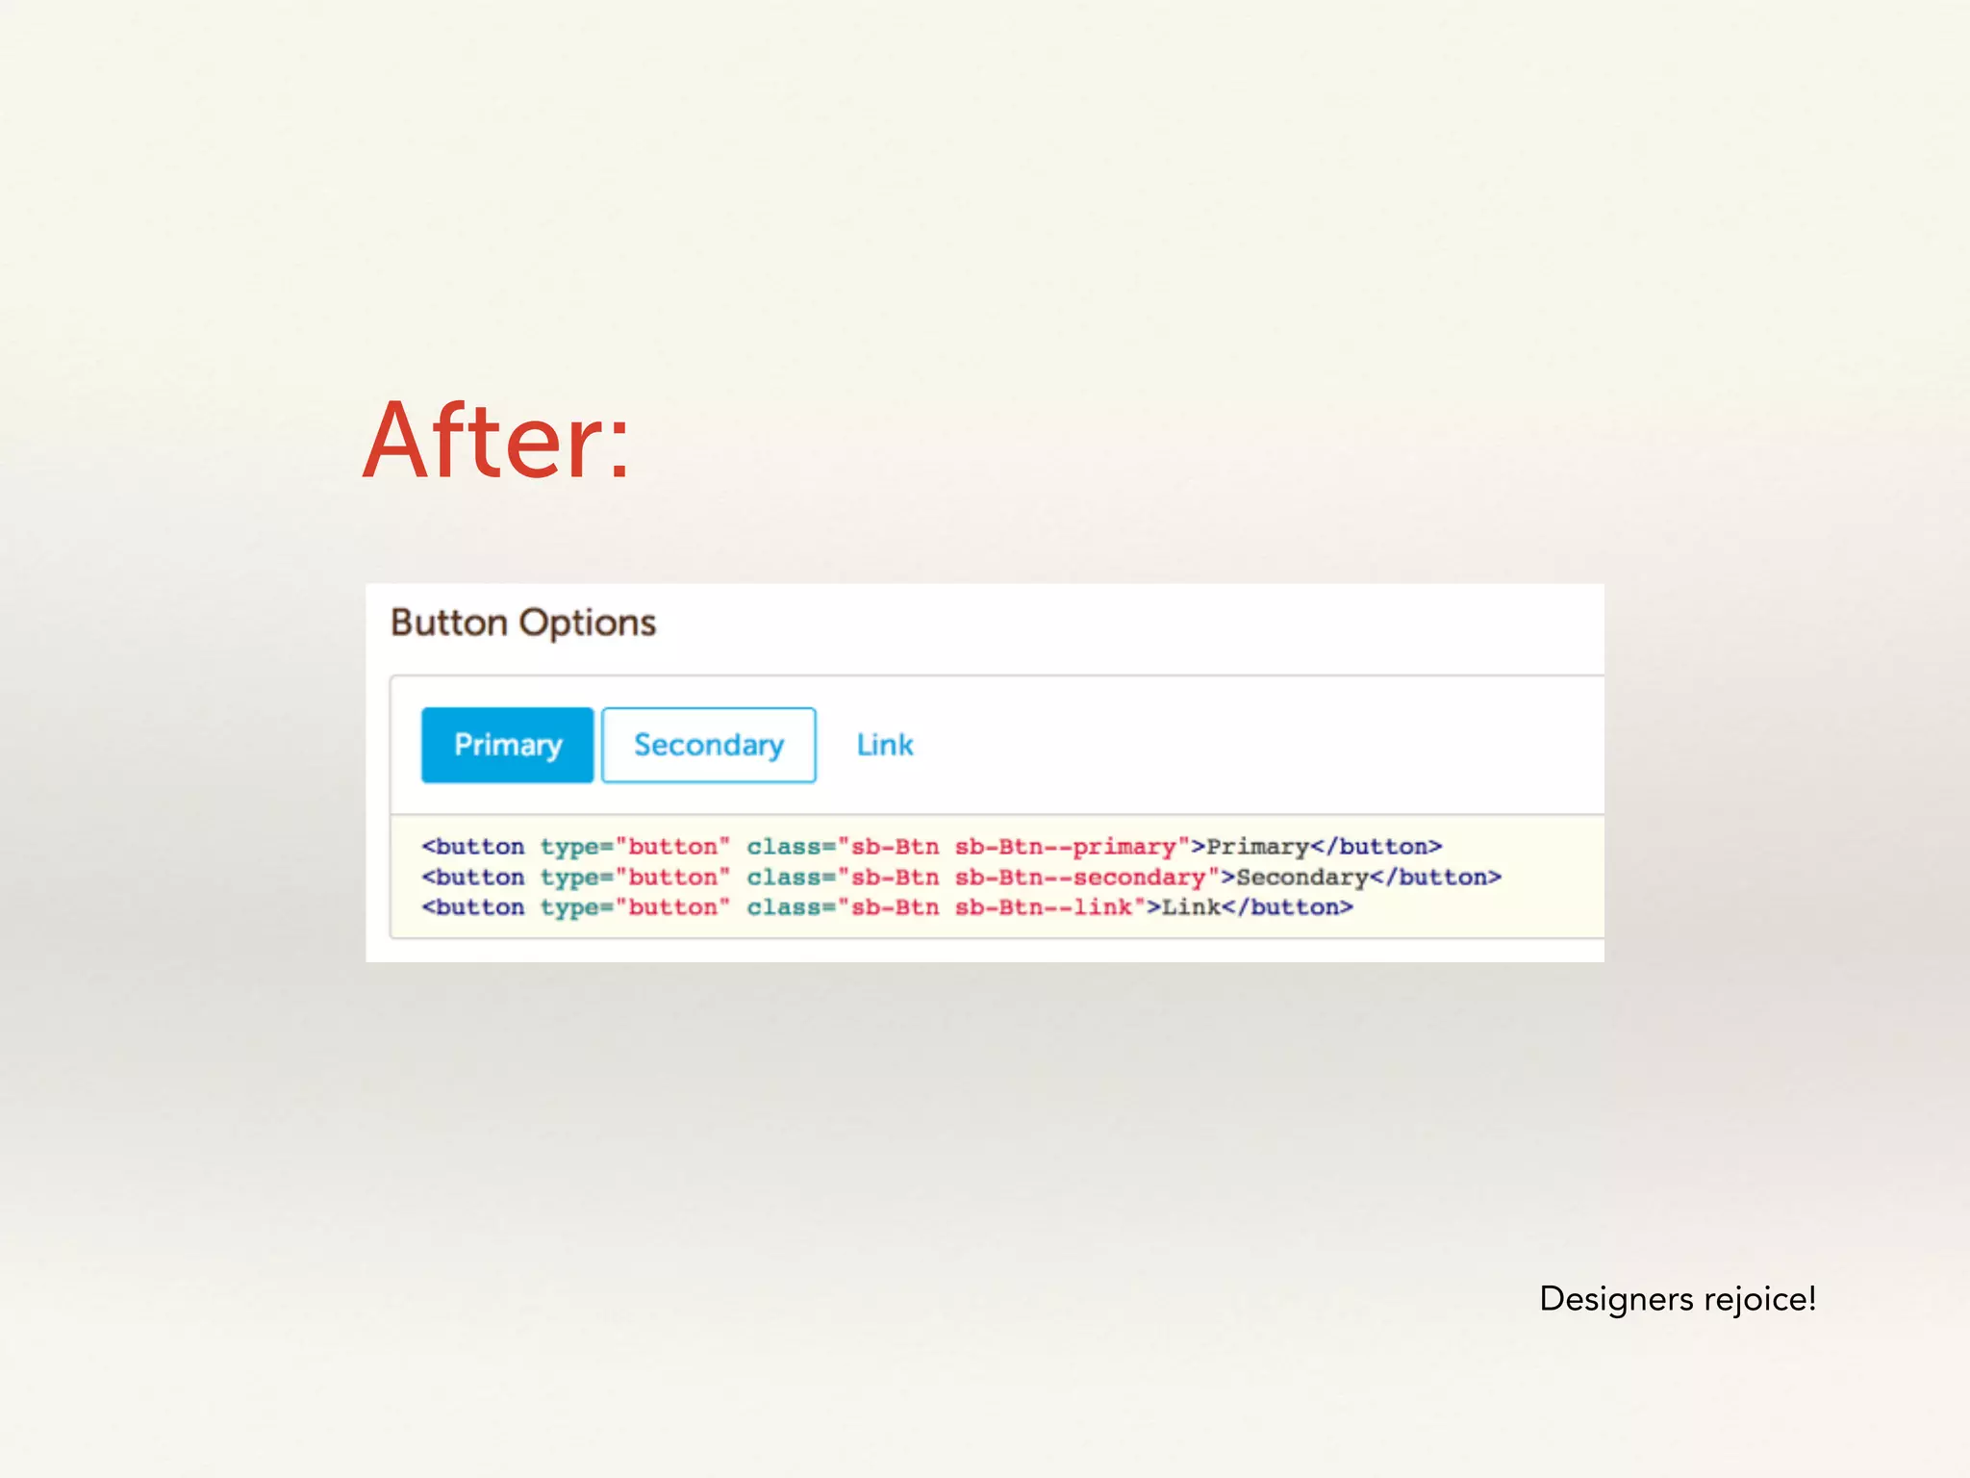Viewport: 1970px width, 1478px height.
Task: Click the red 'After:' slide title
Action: pyautogui.click(x=496, y=441)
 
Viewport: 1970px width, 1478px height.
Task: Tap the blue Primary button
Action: pyautogui.click(x=507, y=745)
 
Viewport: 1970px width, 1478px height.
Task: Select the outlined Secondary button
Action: pyautogui.click(x=709, y=745)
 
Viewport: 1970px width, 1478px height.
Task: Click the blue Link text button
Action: pyautogui.click(x=885, y=745)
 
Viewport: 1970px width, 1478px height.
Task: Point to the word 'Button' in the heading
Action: pyautogui.click(x=449, y=623)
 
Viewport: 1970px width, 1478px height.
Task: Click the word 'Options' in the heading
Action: pyautogui.click(x=588, y=623)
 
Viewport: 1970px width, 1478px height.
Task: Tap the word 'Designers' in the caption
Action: pyautogui.click(x=1616, y=1299)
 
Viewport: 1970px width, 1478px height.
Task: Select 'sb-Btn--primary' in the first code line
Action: pyautogui.click(x=1066, y=847)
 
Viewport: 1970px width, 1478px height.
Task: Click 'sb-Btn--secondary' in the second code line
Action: pyautogui.click(x=1080, y=878)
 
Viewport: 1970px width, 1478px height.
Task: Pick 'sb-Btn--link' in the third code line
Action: pyautogui.click(x=1044, y=907)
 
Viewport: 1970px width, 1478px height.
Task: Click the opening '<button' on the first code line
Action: pyautogui.click(x=473, y=847)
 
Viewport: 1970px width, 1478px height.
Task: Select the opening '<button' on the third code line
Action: pyautogui.click(x=473, y=907)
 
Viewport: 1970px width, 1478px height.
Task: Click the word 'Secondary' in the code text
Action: pyautogui.click(x=1301, y=878)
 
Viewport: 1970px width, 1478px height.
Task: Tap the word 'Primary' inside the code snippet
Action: pyautogui.click(x=1257, y=847)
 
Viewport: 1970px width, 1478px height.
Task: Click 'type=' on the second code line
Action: pyautogui.click(x=576, y=878)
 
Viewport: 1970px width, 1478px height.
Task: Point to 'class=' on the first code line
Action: pyautogui.click(x=791, y=847)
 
